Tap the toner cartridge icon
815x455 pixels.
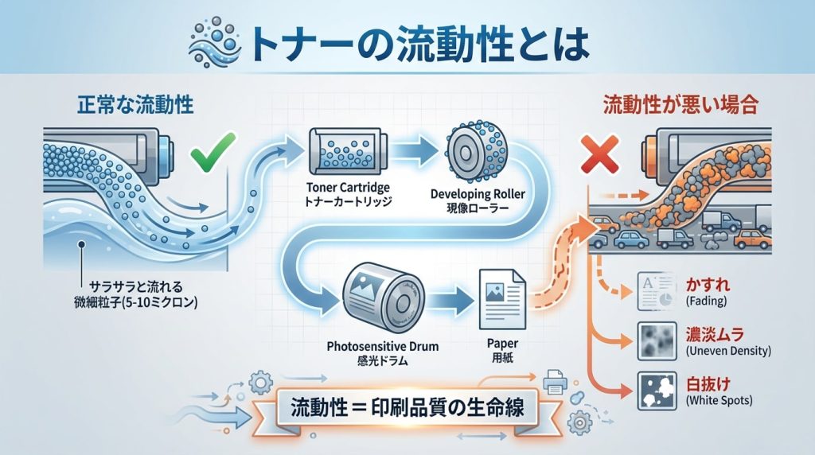[340, 151]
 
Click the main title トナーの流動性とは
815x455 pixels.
[418, 45]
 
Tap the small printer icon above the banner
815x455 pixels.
[554, 384]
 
